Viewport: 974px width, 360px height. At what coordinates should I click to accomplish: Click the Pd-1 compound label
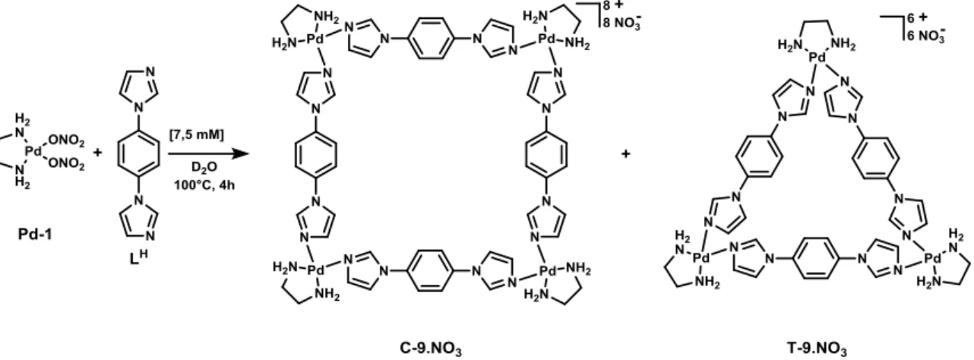[35, 235]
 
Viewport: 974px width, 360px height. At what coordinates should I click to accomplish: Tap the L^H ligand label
[139, 257]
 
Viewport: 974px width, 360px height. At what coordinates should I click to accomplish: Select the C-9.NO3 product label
[431, 349]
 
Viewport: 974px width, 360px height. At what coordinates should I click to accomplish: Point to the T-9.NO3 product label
[817, 349]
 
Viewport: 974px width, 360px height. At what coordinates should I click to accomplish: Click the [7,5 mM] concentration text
[197, 134]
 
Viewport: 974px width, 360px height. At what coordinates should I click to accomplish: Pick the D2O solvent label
[204, 167]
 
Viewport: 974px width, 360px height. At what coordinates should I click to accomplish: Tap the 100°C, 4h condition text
[204, 185]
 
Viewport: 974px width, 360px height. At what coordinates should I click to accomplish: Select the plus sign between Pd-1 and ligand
[98, 153]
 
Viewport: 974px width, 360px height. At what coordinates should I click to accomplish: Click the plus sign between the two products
[626, 153]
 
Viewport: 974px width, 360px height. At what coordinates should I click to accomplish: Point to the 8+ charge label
[612, 6]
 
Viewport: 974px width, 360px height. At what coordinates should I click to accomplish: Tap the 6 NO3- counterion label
[925, 35]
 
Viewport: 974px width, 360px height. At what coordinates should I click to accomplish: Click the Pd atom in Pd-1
[33, 151]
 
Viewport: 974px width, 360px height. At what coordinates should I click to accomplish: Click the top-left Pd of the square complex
[316, 39]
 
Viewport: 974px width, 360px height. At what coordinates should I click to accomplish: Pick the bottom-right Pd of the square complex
[548, 271]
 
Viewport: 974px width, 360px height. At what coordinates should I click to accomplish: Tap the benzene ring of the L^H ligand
[139, 153]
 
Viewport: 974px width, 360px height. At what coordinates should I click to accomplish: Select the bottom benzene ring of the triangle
[816, 258]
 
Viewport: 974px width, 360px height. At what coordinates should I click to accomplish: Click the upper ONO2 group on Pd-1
[67, 140]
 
